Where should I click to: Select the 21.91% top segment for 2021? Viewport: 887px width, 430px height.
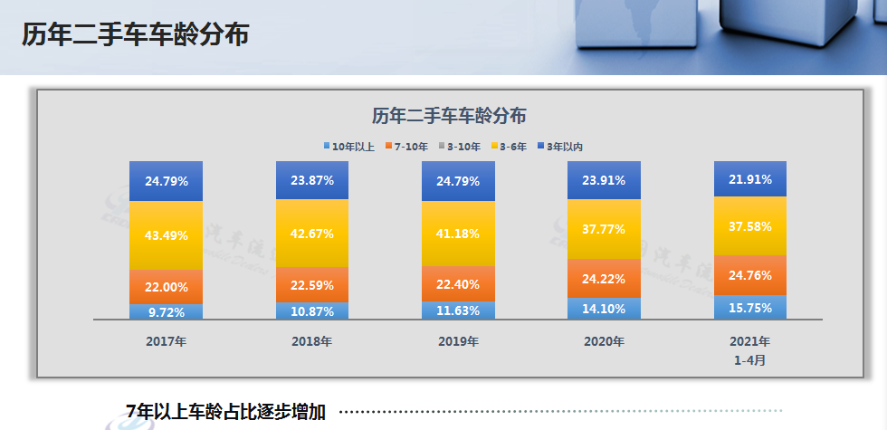pyautogui.click(x=750, y=179)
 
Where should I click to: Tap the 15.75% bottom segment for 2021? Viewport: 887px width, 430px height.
pyautogui.click(x=750, y=307)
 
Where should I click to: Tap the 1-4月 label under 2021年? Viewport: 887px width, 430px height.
pyautogui.click(x=750, y=359)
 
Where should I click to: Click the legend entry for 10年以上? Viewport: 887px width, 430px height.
pyautogui.click(x=352, y=146)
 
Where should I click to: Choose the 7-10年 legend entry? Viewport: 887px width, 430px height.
pyautogui.click(x=411, y=146)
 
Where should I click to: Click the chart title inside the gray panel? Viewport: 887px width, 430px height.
pyautogui.click(x=449, y=116)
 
